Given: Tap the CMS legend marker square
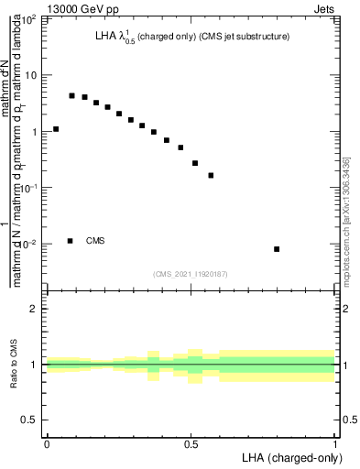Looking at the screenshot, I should pyautogui.click(x=71, y=241).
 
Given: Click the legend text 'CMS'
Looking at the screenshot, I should pyautogui.click(x=95, y=241).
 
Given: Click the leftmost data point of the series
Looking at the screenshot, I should pyautogui.click(x=56, y=129).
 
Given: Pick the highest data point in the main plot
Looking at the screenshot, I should pyautogui.click(x=71, y=95).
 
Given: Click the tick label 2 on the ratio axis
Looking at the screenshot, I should pyautogui.click(x=35, y=309).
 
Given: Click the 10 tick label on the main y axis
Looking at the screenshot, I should pyautogui.click(x=30, y=75).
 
